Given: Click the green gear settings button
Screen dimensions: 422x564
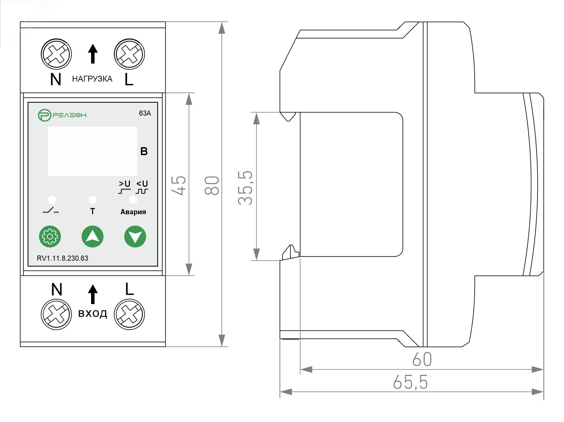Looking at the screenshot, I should point(50,237).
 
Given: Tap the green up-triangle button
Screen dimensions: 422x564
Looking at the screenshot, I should point(92,237).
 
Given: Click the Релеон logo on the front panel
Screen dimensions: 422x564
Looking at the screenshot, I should point(62,115).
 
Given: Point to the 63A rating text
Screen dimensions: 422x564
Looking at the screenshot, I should point(145,113).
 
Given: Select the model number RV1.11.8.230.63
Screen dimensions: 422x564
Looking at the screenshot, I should point(63,258).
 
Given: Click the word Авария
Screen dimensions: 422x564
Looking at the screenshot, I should point(133,212).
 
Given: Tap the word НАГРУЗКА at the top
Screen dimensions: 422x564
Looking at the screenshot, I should point(92,79).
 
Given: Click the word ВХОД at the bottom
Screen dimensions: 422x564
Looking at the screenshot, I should point(92,314).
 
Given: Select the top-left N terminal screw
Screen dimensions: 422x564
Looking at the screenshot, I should point(56,54).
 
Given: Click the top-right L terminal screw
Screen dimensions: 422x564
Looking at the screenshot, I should point(129,54).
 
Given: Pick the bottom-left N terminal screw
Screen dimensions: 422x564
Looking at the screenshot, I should point(56,314).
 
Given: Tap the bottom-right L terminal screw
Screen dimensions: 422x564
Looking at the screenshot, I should point(129,314).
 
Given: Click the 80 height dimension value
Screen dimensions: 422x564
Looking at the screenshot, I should point(212,186).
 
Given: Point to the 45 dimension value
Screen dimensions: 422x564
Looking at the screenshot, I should point(179,186).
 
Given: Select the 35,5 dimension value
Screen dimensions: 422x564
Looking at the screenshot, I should point(245,188).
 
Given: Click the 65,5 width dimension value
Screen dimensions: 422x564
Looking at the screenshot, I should point(410,382).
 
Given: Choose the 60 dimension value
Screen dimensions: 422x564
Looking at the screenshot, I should point(422,360).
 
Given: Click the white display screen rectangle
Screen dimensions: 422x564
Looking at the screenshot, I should point(92,151).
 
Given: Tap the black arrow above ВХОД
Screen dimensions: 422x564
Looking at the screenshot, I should point(92,294).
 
